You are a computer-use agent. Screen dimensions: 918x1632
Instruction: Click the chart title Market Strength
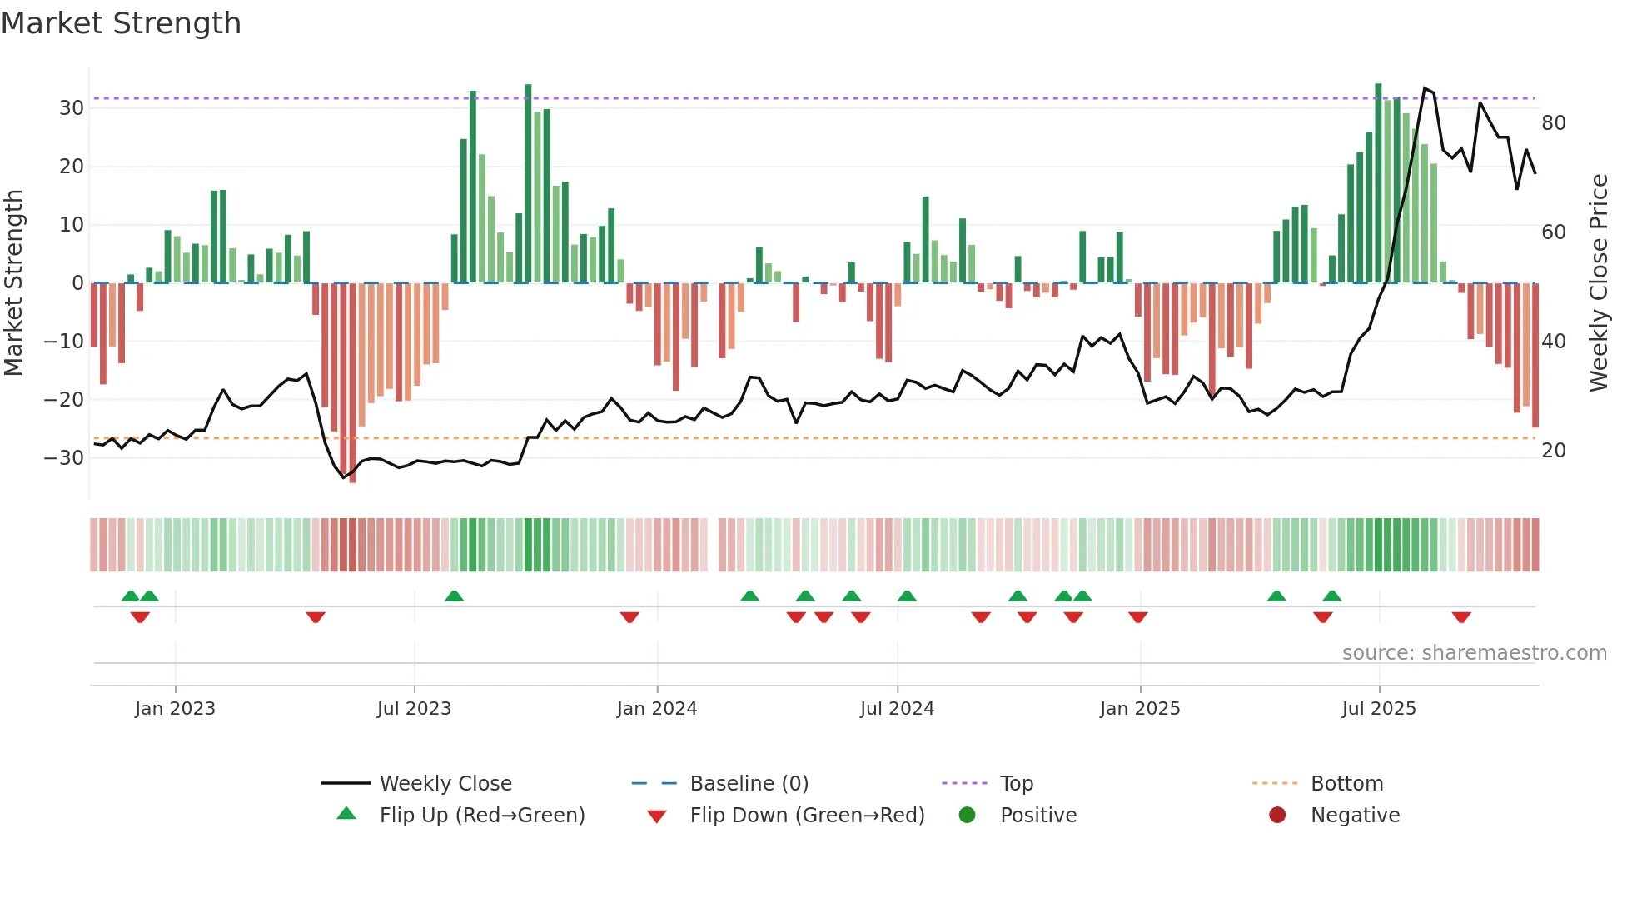(121, 23)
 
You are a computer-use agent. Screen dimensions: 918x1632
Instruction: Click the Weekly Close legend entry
(445, 783)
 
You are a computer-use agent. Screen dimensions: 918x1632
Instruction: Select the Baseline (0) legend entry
(749, 783)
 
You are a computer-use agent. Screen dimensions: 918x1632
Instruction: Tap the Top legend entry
(1016, 783)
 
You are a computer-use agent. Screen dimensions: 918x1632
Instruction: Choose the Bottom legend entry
(1346, 783)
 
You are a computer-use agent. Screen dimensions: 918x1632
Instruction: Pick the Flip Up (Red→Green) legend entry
(481, 815)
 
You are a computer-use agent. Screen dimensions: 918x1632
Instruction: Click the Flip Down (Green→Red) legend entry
(806, 815)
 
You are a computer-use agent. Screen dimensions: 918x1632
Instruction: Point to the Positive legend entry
(1037, 815)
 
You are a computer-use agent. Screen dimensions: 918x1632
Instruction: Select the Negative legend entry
(1355, 815)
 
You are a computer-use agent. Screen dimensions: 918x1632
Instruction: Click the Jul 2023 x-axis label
(414, 708)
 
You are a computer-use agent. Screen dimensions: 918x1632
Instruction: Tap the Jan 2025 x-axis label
(1139, 708)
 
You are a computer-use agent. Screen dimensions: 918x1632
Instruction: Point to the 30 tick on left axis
(72, 108)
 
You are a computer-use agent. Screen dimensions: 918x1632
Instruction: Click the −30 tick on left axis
(63, 457)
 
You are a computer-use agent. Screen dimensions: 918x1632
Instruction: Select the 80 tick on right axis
(1554, 123)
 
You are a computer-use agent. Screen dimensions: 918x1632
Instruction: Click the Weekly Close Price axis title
(1598, 283)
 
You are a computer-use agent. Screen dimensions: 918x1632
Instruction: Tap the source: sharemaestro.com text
(1474, 652)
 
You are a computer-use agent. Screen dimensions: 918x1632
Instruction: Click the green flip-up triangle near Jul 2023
(454, 596)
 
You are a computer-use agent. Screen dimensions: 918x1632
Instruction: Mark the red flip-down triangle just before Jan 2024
(629, 617)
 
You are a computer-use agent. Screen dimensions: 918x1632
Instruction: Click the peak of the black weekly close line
(1425, 87)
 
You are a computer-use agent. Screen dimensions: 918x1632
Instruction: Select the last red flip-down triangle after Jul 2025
(1461, 617)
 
